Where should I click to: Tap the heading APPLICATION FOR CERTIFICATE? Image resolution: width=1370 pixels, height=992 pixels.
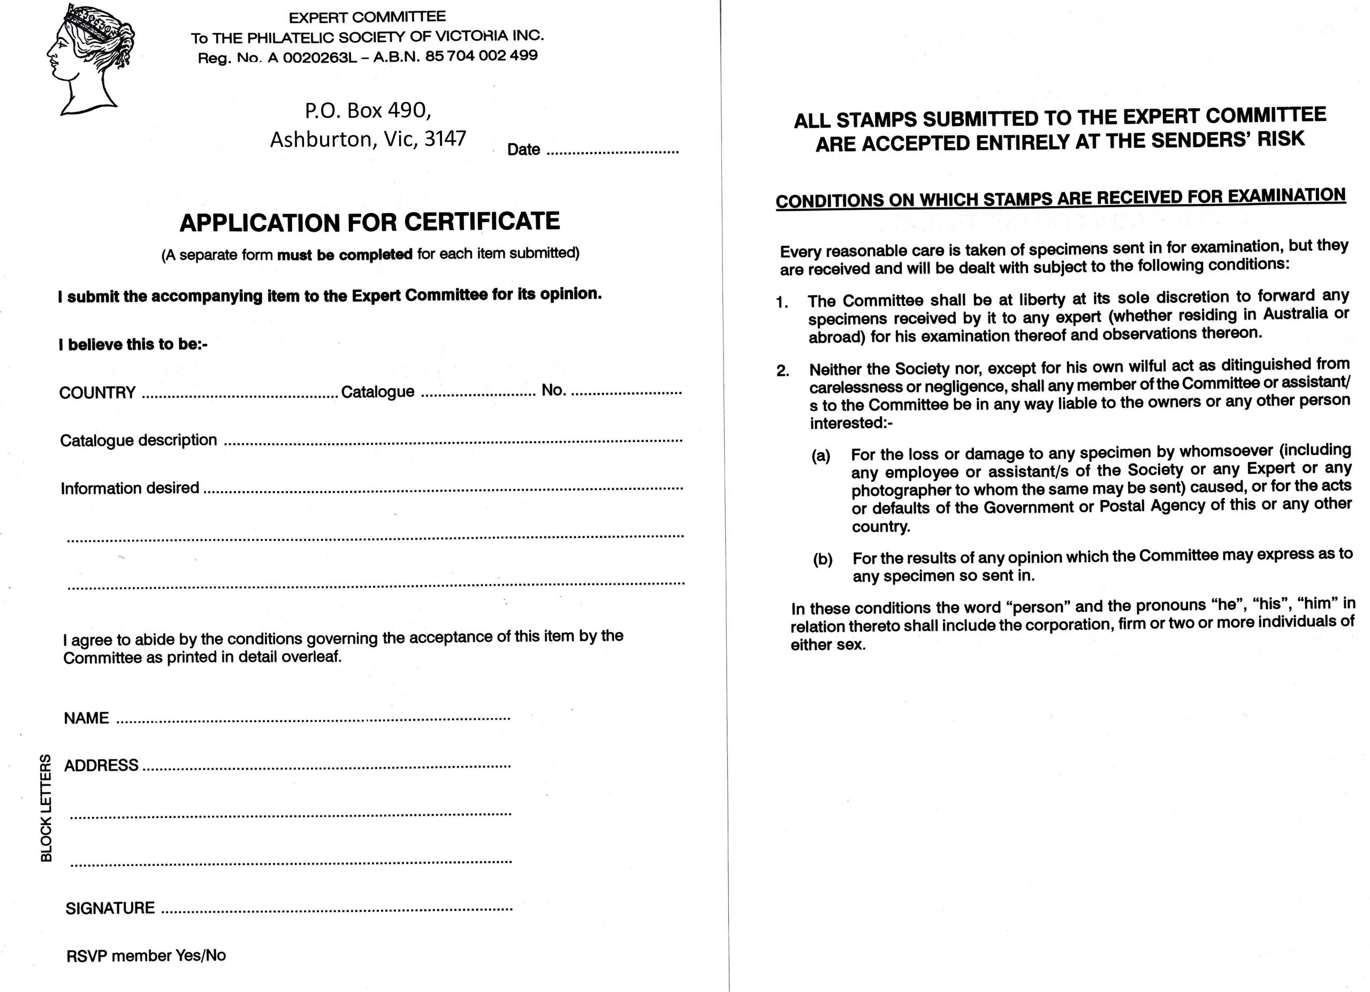(369, 222)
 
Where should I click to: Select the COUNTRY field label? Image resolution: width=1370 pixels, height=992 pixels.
(97, 393)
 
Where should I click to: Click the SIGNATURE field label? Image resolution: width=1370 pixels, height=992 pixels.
(110, 908)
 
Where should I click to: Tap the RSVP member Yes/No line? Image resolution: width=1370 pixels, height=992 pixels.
(146, 955)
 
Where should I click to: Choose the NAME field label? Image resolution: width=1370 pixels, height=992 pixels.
(86, 718)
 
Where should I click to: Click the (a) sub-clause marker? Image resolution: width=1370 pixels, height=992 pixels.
(820, 456)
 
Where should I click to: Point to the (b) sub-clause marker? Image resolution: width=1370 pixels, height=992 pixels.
(822, 559)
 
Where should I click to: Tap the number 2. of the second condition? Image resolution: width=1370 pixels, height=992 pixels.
(783, 370)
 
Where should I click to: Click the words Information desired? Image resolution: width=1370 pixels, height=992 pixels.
(130, 488)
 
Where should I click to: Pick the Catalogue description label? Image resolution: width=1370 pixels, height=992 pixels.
(138, 440)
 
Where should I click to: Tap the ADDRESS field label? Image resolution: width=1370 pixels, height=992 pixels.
(102, 766)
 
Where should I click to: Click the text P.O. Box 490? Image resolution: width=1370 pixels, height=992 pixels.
(367, 111)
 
